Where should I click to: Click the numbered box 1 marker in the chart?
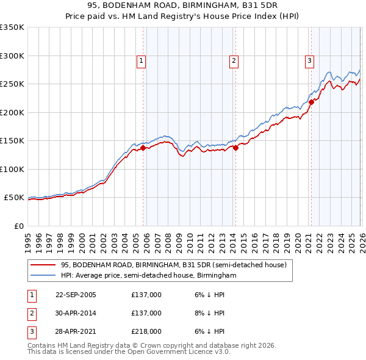click(x=141, y=60)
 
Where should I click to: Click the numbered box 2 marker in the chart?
click(x=234, y=60)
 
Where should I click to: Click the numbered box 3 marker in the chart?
click(x=309, y=60)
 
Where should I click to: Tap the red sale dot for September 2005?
click(x=143, y=148)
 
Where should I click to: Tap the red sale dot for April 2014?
click(x=235, y=148)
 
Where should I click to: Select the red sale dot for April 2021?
click(x=311, y=102)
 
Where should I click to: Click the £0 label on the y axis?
click(x=18, y=226)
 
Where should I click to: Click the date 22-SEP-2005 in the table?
click(x=76, y=295)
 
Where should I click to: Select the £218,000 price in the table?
click(x=146, y=331)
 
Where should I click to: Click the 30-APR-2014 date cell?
click(x=76, y=313)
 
